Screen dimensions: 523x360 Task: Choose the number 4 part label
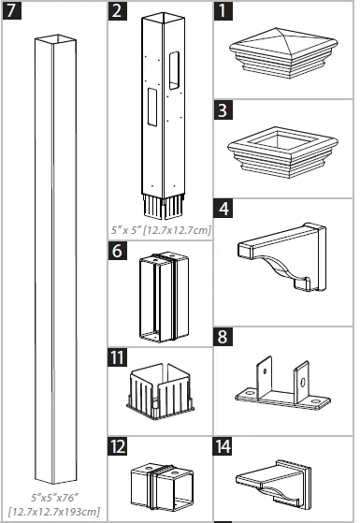click(x=223, y=206)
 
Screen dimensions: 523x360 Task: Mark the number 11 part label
click(x=118, y=356)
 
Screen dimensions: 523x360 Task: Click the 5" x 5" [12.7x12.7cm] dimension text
click(x=160, y=227)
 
